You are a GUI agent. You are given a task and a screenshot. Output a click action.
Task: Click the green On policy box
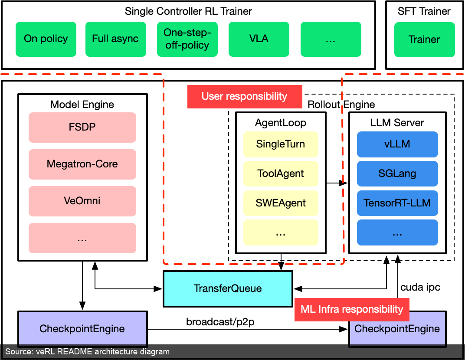click(46, 39)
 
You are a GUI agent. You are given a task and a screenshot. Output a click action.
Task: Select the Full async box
click(116, 39)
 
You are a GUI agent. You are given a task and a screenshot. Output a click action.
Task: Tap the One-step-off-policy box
click(187, 39)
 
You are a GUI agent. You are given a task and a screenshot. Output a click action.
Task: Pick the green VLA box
click(259, 39)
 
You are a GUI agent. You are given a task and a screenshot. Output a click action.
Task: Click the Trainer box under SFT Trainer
click(424, 39)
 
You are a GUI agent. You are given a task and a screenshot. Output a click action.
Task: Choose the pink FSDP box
click(82, 128)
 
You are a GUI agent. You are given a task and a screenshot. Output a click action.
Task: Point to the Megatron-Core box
click(82, 164)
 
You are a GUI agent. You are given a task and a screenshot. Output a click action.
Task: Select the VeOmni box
click(82, 201)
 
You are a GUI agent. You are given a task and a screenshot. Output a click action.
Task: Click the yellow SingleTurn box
click(281, 144)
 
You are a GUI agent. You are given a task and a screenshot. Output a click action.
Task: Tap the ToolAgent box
click(281, 174)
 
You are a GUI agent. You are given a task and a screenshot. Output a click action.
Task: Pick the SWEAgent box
click(281, 203)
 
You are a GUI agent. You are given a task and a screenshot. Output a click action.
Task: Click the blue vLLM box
click(397, 144)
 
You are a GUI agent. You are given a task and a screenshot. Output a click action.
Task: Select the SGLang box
click(397, 174)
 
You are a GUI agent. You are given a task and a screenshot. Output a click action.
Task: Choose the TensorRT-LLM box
click(397, 203)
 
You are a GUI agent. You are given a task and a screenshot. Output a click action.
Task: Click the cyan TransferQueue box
click(228, 288)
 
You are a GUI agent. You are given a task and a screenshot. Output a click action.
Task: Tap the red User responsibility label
click(245, 97)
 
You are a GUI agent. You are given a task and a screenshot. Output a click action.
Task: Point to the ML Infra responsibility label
click(352, 310)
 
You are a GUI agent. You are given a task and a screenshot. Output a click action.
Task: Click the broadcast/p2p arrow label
click(220, 322)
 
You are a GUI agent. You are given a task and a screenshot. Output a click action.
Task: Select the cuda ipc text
click(420, 287)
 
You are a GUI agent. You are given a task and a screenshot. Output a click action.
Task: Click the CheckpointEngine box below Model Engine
click(82, 329)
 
